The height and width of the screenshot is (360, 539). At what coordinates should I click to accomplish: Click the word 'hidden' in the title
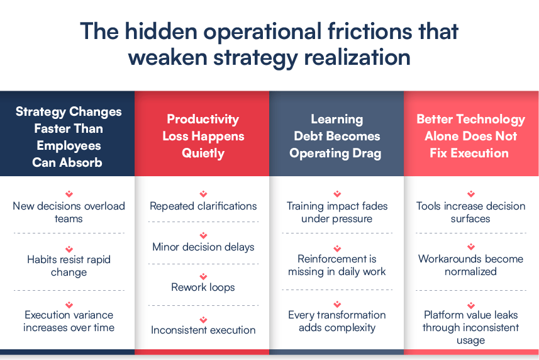click(160, 31)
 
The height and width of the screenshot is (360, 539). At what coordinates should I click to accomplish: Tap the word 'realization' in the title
click(357, 57)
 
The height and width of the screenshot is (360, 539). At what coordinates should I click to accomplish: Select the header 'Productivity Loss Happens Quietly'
click(203, 136)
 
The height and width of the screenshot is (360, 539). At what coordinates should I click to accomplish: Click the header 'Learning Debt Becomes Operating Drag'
click(336, 136)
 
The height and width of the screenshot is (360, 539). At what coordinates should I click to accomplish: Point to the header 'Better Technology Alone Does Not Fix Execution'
click(470, 136)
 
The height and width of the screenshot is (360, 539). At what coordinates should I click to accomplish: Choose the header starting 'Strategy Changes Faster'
click(69, 137)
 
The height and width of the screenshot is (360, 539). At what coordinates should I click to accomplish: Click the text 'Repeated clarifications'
click(203, 206)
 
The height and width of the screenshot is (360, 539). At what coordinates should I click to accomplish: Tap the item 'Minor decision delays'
click(203, 247)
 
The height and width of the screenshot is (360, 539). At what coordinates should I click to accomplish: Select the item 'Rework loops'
click(203, 287)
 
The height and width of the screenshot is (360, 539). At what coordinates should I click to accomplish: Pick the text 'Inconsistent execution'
click(203, 330)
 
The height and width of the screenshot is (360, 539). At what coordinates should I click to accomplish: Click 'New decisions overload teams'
click(69, 212)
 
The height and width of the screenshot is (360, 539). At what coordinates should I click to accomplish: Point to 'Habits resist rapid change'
click(69, 266)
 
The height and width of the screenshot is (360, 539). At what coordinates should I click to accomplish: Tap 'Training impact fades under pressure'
click(337, 212)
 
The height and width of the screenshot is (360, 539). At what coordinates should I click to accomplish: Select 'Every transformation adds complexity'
click(337, 321)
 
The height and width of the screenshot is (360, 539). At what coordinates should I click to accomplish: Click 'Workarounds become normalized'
click(470, 265)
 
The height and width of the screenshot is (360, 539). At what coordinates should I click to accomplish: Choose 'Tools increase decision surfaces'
click(470, 212)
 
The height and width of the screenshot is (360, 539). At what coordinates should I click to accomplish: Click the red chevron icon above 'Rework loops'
click(204, 276)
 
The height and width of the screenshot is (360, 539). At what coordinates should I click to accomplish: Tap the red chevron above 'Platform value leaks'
click(471, 305)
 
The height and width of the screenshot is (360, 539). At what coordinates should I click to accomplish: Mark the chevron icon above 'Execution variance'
click(69, 305)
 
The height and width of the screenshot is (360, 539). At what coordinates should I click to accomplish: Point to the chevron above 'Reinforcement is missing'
click(337, 248)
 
